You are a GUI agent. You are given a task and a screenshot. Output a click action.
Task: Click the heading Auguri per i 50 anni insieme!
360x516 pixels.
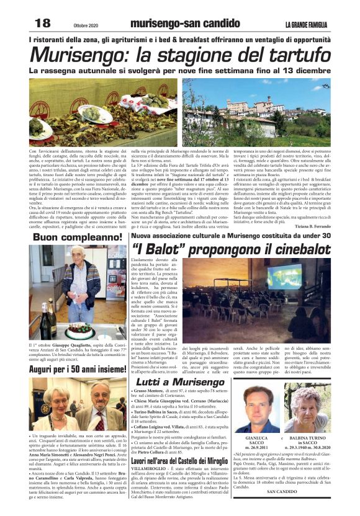[x=78, y=368]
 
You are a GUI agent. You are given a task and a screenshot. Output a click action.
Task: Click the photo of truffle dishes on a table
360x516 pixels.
[x=102, y=111]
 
